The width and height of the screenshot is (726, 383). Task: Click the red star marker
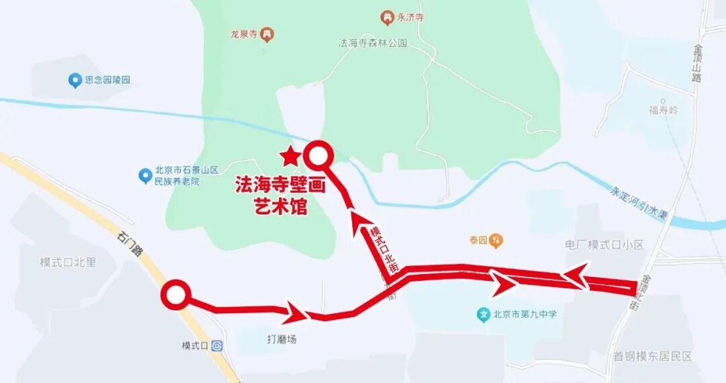click(x=290, y=157)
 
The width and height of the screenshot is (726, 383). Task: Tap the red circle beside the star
click(x=319, y=156)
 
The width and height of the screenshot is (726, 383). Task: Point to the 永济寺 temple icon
click(x=387, y=17)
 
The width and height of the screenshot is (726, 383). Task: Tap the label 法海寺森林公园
click(x=373, y=43)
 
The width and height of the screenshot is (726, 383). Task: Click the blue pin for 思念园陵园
click(x=75, y=81)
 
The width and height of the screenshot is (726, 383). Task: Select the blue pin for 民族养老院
click(x=145, y=176)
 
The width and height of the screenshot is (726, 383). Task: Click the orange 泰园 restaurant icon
click(x=495, y=239)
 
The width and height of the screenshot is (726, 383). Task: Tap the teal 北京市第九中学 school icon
click(x=483, y=313)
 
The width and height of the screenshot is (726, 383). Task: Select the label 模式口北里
click(x=67, y=263)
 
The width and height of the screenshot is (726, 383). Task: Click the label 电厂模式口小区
click(x=606, y=245)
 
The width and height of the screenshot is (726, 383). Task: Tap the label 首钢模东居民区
click(x=652, y=357)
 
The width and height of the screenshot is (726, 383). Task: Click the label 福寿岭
click(x=663, y=110)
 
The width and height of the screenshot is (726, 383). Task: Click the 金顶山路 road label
click(x=696, y=63)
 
